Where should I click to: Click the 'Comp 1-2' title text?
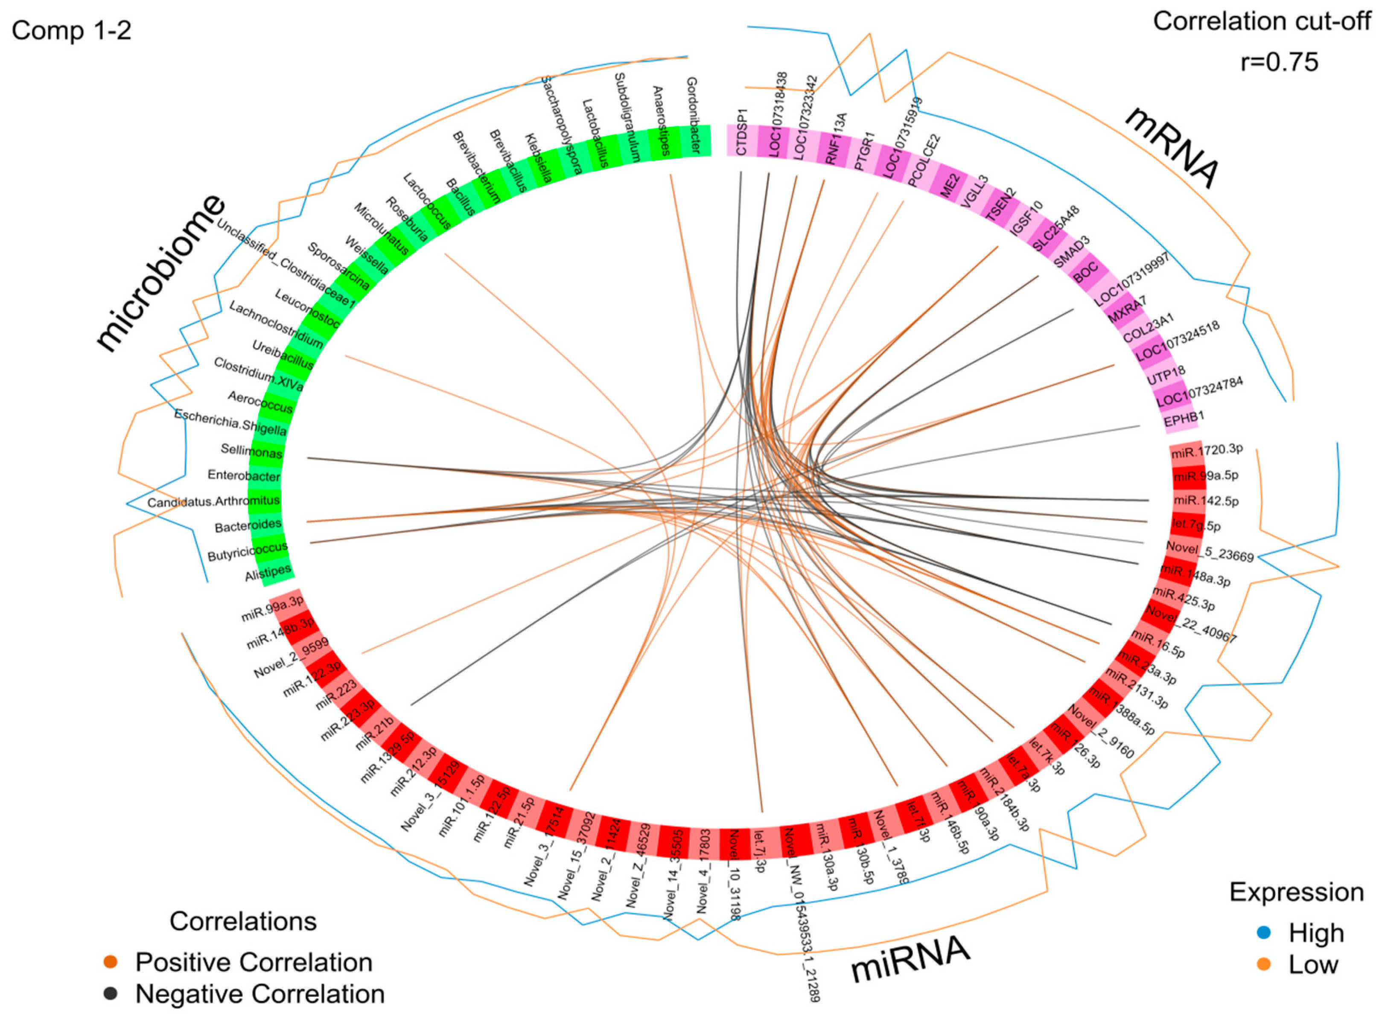point(71,30)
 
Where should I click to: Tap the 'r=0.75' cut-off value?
point(1279,62)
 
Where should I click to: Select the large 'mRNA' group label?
point(1172,147)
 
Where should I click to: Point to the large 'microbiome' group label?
point(160,274)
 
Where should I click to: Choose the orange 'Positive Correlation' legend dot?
point(110,962)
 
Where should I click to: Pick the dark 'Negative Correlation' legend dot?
point(110,994)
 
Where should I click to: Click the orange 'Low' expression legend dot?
point(1264,964)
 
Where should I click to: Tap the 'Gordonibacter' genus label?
point(693,115)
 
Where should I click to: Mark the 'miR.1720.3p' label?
point(1206,450)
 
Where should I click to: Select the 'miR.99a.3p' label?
point(272,608)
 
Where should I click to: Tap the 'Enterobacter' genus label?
point(245,476)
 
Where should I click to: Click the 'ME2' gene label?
point(950,185)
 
